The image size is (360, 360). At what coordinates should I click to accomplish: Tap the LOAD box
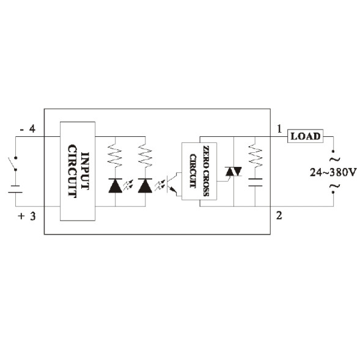[x=305, y=136]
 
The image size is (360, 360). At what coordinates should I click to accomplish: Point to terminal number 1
[x=279, y=130]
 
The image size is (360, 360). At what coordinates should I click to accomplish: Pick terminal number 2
[x=279, y=215]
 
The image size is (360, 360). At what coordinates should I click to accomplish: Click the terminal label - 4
[x=28, y=129]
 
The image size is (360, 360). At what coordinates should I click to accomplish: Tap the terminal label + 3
[x=28, y=216]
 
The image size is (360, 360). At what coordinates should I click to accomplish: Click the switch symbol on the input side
[x=13, y=164]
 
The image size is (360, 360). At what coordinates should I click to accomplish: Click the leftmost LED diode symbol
[x=115, y=185]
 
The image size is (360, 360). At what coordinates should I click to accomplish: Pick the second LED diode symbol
[x=145, y=185]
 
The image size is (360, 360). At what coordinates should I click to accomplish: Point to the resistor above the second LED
[x=145, y=156]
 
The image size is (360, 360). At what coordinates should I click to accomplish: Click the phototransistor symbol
[x=172, y=185]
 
